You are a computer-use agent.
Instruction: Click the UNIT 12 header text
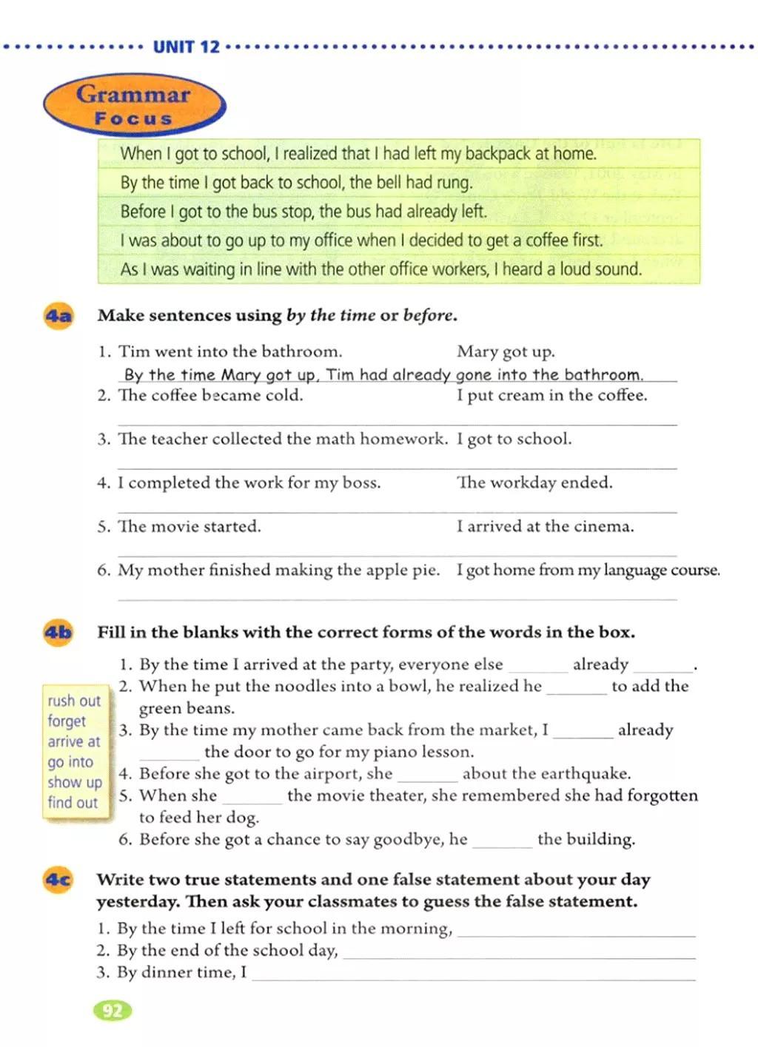point(187,47)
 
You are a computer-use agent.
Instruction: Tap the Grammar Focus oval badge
point(134,105)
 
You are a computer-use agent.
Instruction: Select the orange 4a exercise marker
point(58,317)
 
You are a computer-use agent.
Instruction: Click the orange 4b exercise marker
point(58,633)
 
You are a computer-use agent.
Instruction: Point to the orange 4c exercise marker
point(58,880)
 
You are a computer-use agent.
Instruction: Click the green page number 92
point(113,1011)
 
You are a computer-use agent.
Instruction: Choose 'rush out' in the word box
point(74,701)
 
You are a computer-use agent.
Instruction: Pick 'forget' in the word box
point(67,721)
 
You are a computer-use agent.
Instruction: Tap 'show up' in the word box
point(75,782)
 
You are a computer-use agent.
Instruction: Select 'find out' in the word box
point(73,802)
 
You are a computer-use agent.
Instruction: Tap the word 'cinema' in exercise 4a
point(607,527)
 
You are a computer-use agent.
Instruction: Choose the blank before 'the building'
point(502,844)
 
